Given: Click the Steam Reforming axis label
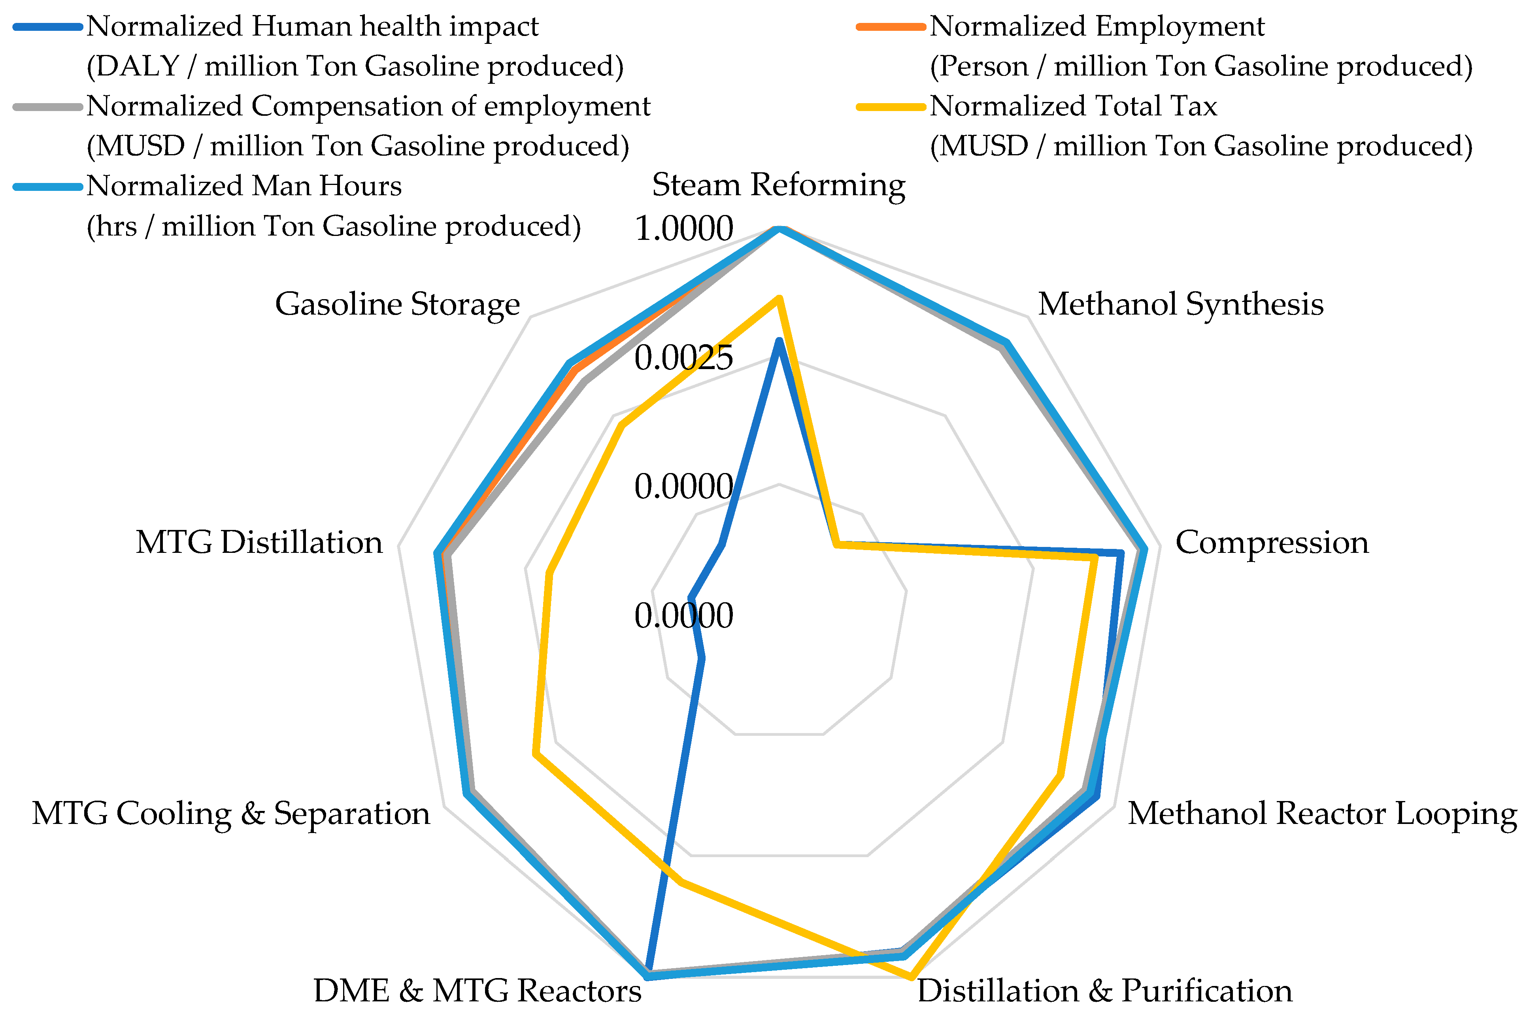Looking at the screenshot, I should (x=778, y=185).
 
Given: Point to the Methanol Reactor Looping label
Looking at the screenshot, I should (x=1322, y=813).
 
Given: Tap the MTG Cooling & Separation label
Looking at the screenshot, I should (x=231, y=813).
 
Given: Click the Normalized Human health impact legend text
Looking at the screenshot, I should (x=312, y=26).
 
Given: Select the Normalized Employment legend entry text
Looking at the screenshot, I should (x=1097, y=26).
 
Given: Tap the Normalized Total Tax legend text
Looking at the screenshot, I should (x=1073, y=106).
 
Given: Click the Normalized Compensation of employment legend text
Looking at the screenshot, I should (x=368, y=106).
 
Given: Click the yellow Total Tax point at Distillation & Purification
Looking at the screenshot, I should (x=911, y=976).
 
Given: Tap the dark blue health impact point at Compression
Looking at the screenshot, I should (x=1120, y=553).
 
